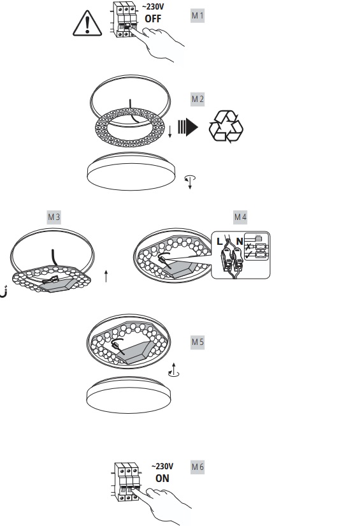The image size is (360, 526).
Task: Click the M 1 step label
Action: [x=198, y=15]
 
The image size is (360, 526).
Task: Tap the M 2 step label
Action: [x=198, y=99]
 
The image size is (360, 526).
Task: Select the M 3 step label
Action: [x=54, y=217]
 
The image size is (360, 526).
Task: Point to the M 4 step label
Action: [x=240, y=217]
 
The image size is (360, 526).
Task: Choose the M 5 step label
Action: [x=198, y=342]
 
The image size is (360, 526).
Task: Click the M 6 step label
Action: [x=198, y=467]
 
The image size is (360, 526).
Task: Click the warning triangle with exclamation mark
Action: [x=87, y=23]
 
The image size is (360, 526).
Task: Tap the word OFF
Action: [x=153, y=18]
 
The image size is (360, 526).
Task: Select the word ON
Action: [x=162, y=478]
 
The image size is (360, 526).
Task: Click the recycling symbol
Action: [x=226, y=126]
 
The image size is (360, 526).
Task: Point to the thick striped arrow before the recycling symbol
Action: [x=188, y=127]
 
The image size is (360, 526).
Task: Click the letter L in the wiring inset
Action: [x=220, y=241]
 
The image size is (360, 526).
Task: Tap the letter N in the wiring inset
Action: [x=240, y=241]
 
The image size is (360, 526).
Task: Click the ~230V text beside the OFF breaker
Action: [x=153, y=7]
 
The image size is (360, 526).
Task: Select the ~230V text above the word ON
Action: [x=162, y=466]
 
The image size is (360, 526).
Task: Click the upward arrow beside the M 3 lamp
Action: [x=106, y=275]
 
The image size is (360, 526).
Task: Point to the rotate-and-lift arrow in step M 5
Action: [x=174, y=370]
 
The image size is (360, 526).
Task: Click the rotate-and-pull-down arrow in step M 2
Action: [x=190, y=182]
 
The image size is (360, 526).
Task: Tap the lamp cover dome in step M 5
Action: [x=129, y=395]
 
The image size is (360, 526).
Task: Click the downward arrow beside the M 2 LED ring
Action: [x=170, y=131]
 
